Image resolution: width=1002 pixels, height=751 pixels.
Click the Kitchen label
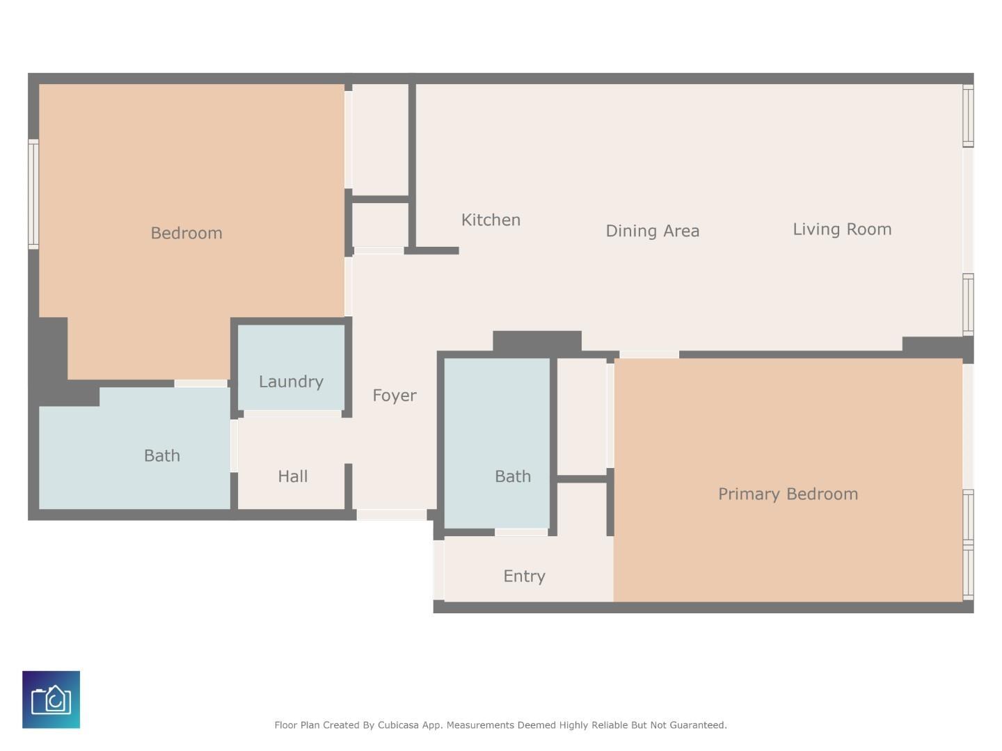pyautogui.click(x=491, y=220)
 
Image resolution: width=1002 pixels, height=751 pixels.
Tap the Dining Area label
pyautogui.click(x=652, y=231)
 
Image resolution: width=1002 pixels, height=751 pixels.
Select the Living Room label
pyautogui.click(x=842, y=229)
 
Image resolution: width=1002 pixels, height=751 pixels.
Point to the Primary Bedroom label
pyautogui.click(x=788, y=494)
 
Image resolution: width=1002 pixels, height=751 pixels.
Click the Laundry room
pyautogui.click(x=292, y=368)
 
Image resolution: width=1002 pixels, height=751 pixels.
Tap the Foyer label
pyautogui.click(x=395, y=396)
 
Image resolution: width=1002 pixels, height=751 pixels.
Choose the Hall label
pyautogui.click(x=293, y=476)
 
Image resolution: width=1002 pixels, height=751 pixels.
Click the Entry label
pyautogui.click(x=524, y=576)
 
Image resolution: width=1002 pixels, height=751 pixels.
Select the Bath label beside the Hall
pyautogui.click(x=162, y=455)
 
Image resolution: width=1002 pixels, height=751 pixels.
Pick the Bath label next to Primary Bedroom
pyautogui.click(x=513, y=476)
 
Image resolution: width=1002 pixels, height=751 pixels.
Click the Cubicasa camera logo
pyautogui.click(x=51, y=700)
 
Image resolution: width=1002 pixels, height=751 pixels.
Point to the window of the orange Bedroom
pyautogui.click(x=33, y=194)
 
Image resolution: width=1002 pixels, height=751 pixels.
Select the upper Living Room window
pyautogui.click(x=968, y=116)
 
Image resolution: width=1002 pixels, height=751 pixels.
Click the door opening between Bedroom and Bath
pyautogui.click(x=201, y=383)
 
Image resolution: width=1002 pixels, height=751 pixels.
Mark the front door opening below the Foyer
pyautogui.click(x=391, y=515)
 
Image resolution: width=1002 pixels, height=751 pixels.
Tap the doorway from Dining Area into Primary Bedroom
pyautogui.click(x=649, y=355)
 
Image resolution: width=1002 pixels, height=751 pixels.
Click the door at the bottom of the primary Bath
pyautogui.click(x=521, y=532)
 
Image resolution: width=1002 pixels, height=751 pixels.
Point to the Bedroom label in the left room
pyautogui.click(x=186, y=234)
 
